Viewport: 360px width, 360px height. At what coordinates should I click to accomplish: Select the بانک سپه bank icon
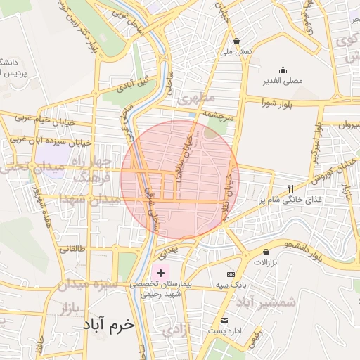[230, 274]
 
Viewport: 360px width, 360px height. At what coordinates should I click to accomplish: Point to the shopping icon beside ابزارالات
[266, 252]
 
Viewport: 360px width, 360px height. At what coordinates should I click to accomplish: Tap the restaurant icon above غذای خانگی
[290, 188]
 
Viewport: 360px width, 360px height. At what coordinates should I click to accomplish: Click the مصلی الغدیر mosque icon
[283, 70]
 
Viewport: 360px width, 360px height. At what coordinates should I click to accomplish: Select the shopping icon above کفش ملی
[237, 41]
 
